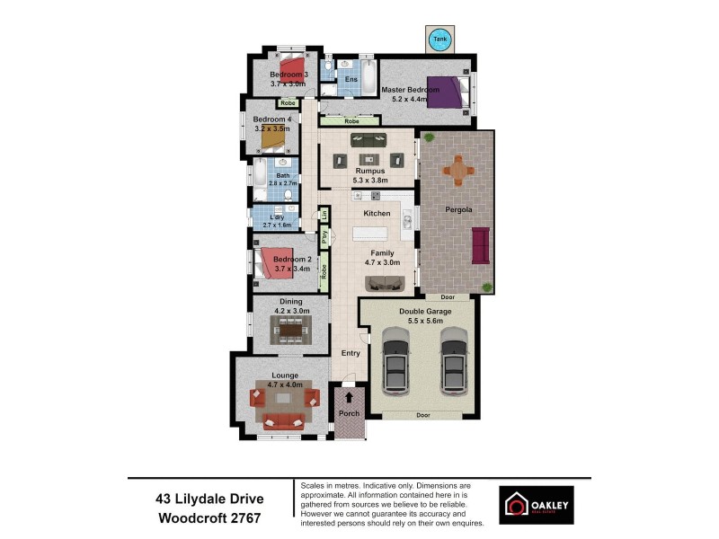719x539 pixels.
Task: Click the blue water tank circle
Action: click(440, 40)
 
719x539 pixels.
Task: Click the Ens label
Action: click(351, 79)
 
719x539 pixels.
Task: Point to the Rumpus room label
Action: click(369, 171)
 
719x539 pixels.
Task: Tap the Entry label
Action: click(351, 353)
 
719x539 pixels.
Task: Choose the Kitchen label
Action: click(377, 214)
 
